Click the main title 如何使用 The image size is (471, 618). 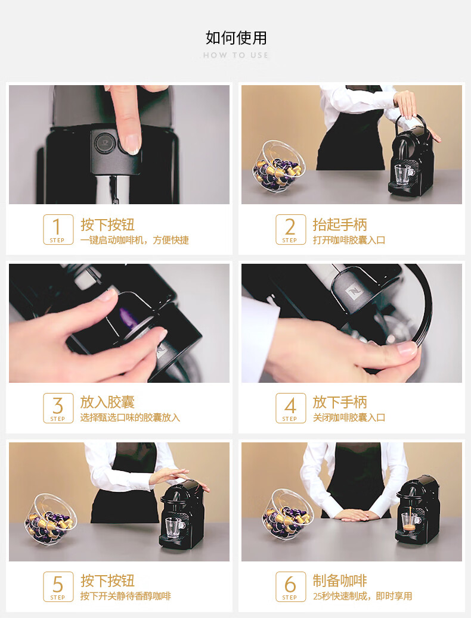(236, 38)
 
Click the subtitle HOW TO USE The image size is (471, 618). (236, 55)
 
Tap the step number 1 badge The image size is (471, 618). (58, 229)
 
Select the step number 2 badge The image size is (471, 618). (290, 229)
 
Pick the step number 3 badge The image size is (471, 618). (58, 408)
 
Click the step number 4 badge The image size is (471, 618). (290, 408)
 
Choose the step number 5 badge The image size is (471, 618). (58, 586)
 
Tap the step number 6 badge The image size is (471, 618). (290, 586)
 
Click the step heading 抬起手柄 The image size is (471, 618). (340, 224)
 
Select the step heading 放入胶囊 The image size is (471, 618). (107, 402)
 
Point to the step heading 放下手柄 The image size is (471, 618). (340, 402)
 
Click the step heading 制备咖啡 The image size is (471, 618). (340, 580)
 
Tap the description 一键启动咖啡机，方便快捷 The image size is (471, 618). (135, 240)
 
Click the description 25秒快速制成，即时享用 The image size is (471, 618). (362, 596)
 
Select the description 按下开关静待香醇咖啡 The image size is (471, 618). (126, 596)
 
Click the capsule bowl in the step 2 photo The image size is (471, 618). (279, 167)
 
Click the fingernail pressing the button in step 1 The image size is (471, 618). (132, 143)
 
